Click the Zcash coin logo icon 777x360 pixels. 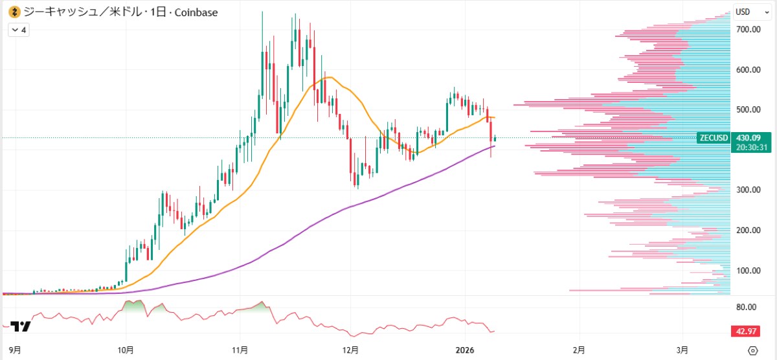point(13,12)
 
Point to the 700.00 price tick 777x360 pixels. point(747,30)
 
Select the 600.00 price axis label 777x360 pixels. point(747,70)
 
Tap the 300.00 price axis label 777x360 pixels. point(747,190)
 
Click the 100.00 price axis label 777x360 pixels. point(747,271)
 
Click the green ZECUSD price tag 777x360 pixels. point(714,138)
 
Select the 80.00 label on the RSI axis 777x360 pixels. point(747,308)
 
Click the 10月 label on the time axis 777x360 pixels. point(126,350)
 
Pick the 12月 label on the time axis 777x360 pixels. point(351,350)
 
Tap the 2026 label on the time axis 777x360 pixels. point(466,350)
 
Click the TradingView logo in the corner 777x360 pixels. point(20,327)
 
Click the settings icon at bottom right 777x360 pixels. point(752,350)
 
